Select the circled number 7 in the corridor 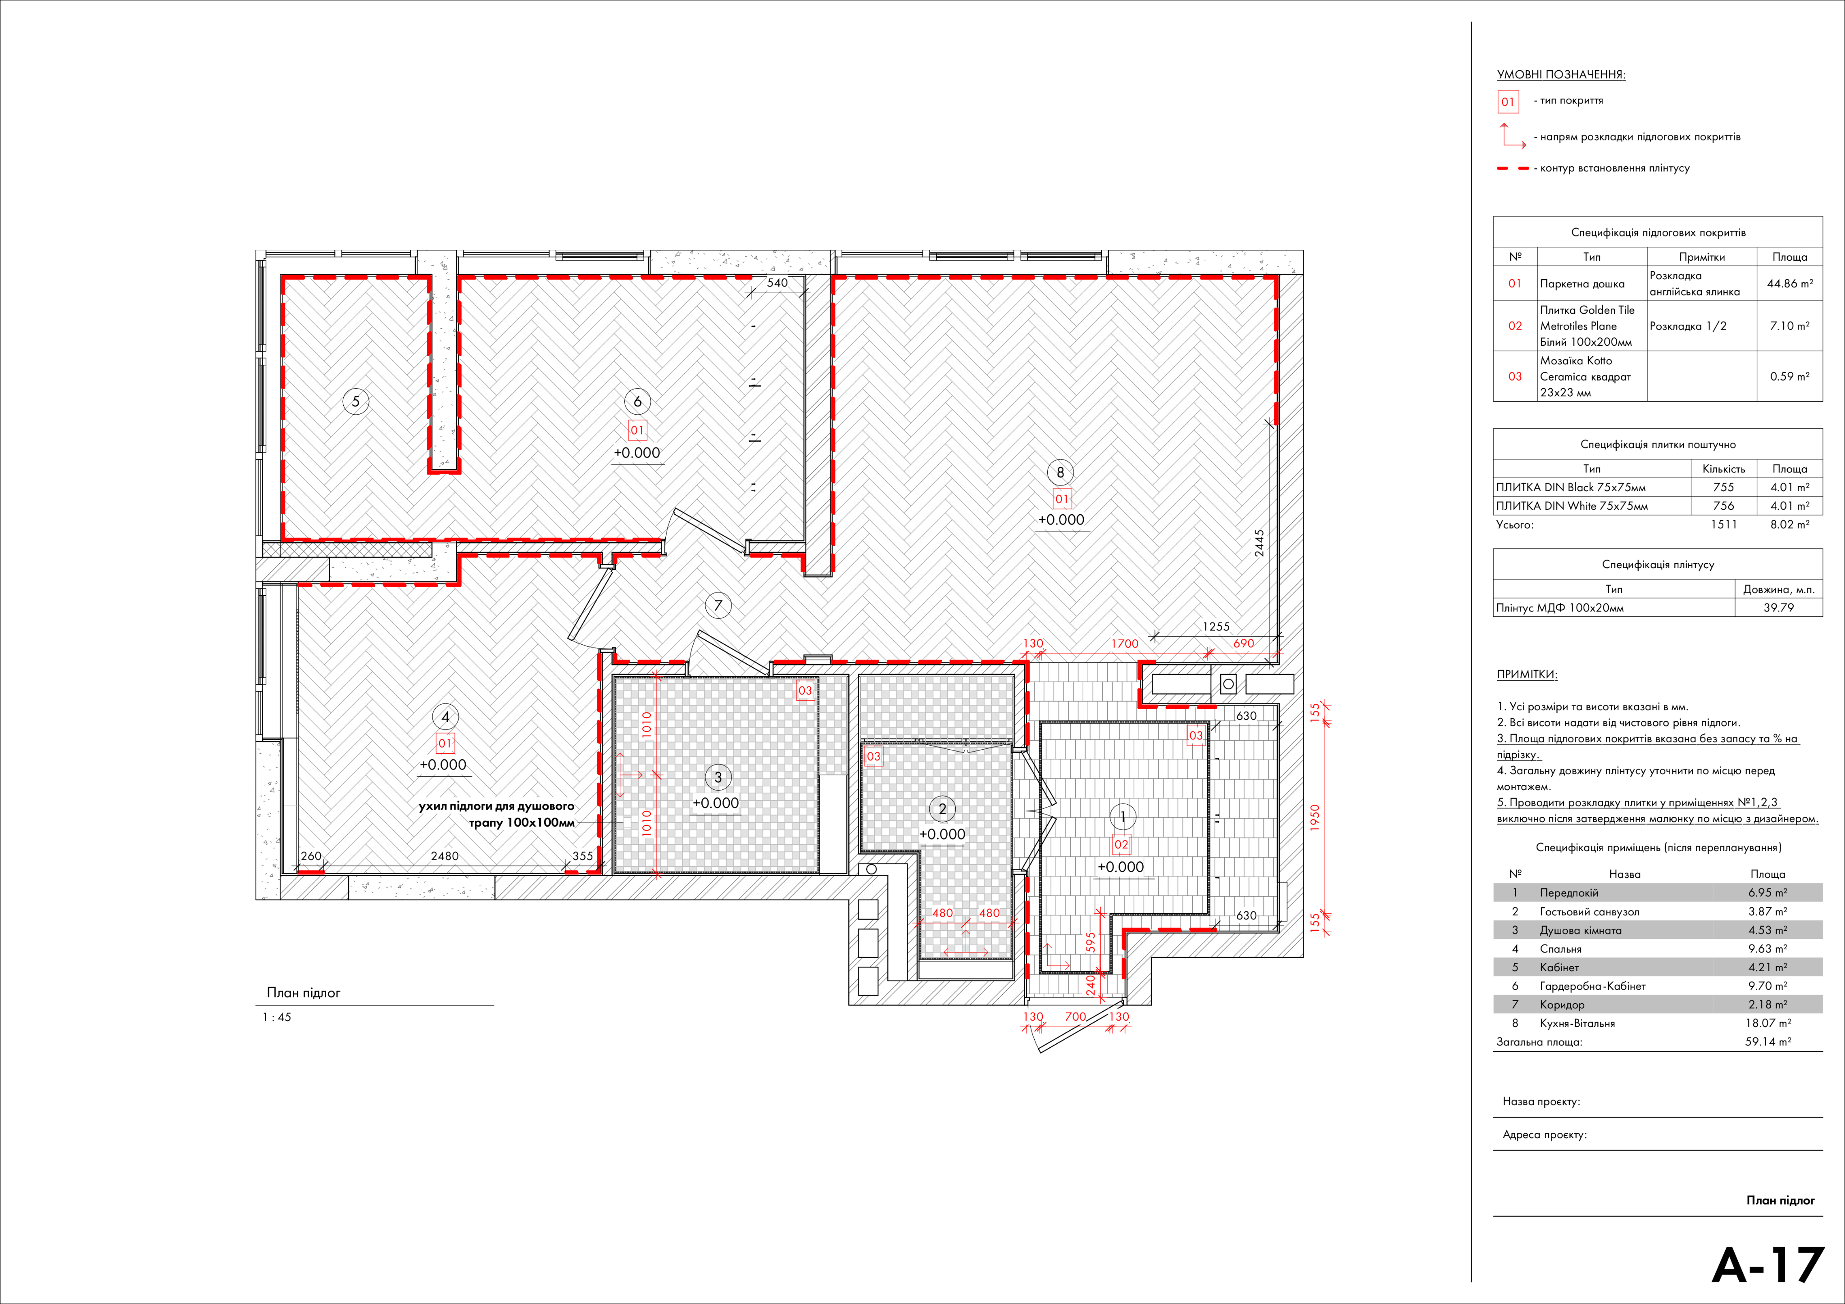pyautogui.click(x=718, y=606)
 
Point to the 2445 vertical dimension pyautogui.click(x=1259, y=543)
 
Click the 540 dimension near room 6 pyautogui.click(x=777, y=283)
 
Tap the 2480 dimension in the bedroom pyautogui.click(x=445, y=856)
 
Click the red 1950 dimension pyautogui.click(x=1315, y=818)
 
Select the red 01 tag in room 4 pyautogui.click(x=445, y=743)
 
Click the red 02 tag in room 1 pyautogui.click(x=1121, y=844)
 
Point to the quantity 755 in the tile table pyautogui.click(x=1724, y=487)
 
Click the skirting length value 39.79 pyautogui.click(x=1778, y=607)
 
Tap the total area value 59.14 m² pyautogui.click(x=1768, y=1041)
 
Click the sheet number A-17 pyautogui.click(x=1768, y=1265)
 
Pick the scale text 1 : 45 pyautogui.click(x=277, y=1017)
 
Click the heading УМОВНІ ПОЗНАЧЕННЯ pyautogui.click(x=1560, y=75)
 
